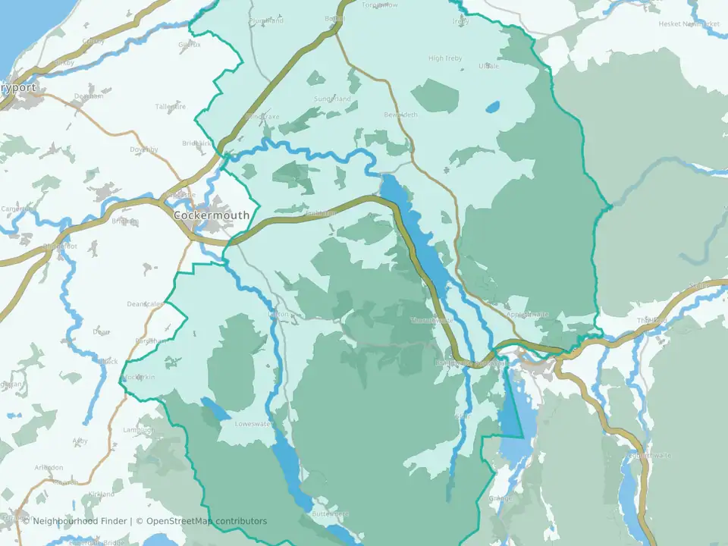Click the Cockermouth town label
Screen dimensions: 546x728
click(212, 215)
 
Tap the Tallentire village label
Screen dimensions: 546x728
click(171, 107)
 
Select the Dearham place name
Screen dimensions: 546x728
click(89, 96)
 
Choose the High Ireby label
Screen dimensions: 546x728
click(445, 58)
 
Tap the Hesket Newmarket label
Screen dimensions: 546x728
click(688, 24)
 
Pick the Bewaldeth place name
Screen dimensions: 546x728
click(401, 115)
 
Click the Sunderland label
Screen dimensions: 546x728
click(332, 99)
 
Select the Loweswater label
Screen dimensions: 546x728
click(253, 424)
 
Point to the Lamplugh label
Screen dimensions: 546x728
click(138, 431)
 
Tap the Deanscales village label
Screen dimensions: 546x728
click(146, 304)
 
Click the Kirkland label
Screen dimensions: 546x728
click(101, 494)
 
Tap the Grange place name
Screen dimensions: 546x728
click(500, 499)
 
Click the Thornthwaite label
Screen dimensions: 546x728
click(431, 321)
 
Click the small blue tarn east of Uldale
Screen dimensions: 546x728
click(493, 107)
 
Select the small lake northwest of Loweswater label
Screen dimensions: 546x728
click(215, 410)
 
